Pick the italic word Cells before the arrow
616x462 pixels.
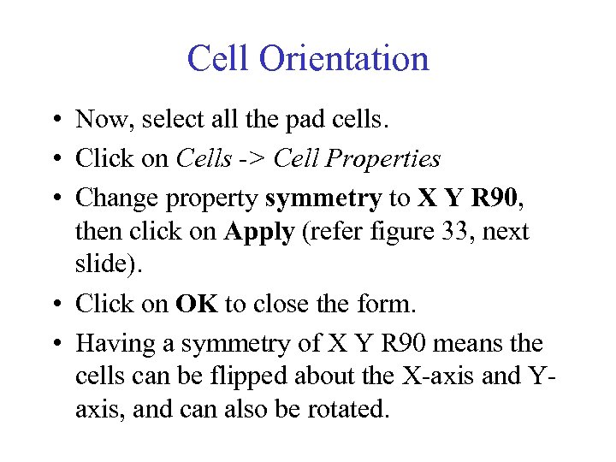204,159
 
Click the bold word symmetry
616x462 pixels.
323,199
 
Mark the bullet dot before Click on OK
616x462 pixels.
54,305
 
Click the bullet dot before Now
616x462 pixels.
54,121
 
